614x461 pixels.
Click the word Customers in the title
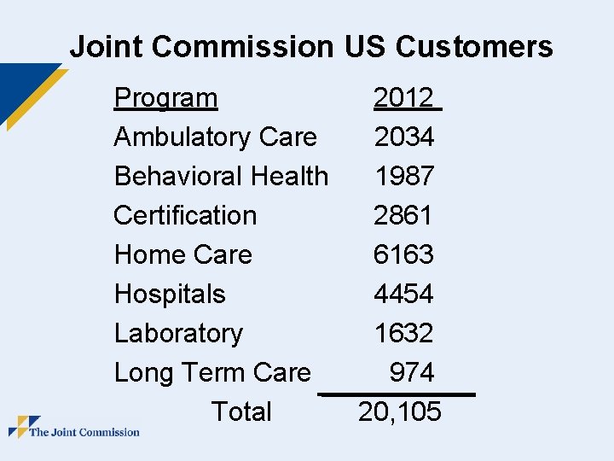[474, 46]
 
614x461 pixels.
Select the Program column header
[165, 98]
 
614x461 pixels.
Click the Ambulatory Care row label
[216, 137]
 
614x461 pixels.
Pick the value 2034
[404, 137]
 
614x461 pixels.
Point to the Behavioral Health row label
[221, 176]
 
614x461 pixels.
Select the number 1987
[405, 176]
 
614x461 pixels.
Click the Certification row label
[185, 215]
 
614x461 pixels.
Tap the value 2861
[403, 215]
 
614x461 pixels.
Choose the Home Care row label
[183, 254]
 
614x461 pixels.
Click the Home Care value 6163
[403, 254]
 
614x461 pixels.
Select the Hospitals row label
[170, 294]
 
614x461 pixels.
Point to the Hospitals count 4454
[403, 293]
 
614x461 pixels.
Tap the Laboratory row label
[178, 334]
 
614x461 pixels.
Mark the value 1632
[404, 332]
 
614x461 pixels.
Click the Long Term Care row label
[212, 373]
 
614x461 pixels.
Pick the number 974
[412, 371]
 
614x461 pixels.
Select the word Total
[241, 411]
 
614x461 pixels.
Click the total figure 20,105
[400, 411]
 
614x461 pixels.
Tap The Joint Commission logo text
[84, 432]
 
